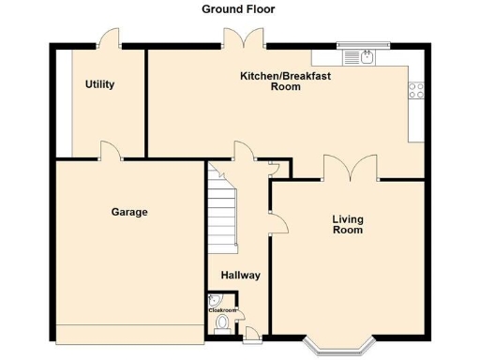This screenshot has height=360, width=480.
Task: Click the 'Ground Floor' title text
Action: click(238, 9)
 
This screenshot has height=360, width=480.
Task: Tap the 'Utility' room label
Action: click(99, 84)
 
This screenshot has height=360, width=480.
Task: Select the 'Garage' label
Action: click(129, 212)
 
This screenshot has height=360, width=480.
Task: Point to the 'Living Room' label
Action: click(348, 224)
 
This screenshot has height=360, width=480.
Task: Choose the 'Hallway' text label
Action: click(240, 276)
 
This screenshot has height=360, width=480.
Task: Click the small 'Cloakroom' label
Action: click(222, 308)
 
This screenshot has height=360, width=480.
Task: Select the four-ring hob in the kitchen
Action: click(414, 91)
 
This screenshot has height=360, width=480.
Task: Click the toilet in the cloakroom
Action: click(222, 324)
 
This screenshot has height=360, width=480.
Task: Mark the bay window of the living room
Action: click(338, 348)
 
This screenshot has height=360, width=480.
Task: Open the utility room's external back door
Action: click(110, 38)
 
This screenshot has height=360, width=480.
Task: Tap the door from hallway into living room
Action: click(277, 221)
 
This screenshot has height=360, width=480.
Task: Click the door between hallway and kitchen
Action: click(246, 151)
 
